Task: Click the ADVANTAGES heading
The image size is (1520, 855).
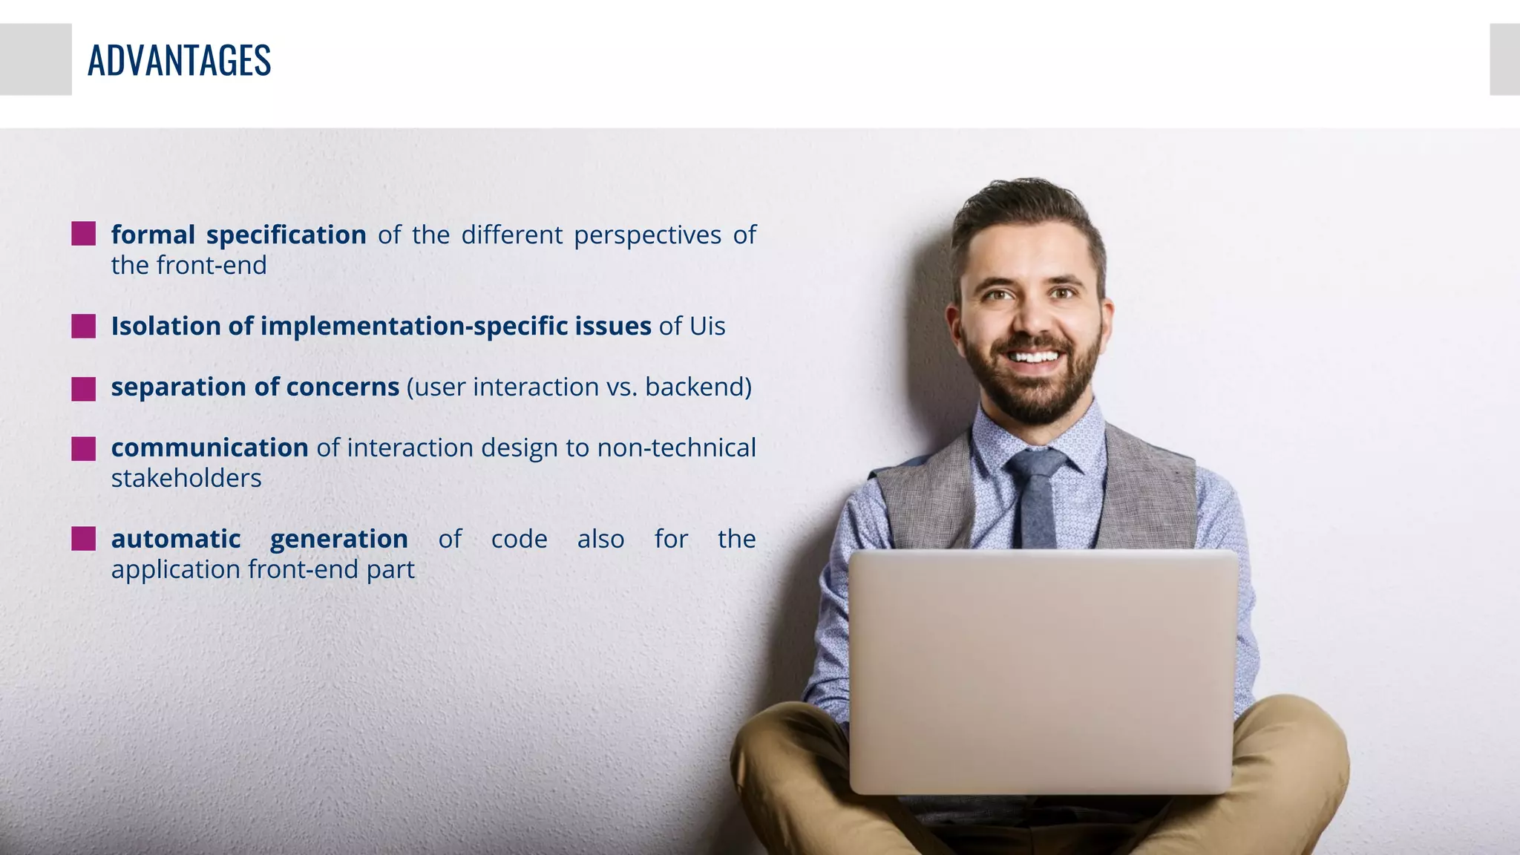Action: (x=179, y=60)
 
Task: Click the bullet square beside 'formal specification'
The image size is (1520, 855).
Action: (x=83, y=234)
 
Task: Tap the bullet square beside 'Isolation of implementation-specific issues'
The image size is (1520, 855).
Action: (x=83, y=326)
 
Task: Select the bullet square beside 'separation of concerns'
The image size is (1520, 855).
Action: (x=83, y=388)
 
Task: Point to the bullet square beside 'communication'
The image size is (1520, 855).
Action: (x=83, y=448)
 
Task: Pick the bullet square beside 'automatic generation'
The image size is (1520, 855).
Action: (x=83, y=539)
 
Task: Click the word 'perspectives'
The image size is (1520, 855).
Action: (x=647, y=236)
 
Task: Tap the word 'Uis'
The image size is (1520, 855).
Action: (x=707, y=327)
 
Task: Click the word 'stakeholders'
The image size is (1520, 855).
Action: (x=186, y=479)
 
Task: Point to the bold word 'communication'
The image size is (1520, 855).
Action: (x=209, y=448)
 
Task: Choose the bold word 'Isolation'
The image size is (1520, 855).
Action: (x=166, y=327)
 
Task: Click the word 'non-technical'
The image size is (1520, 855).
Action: (x=676, y=448)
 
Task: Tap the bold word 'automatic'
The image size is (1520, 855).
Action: (x=176, y=540)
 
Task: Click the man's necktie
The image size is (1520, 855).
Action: (x=1037, y=497)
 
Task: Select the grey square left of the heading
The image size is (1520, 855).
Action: (x=36, y=59)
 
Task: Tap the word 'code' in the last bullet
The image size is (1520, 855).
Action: (x=519, y=540)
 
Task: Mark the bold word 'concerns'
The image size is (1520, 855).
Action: (x=342, y=387)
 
